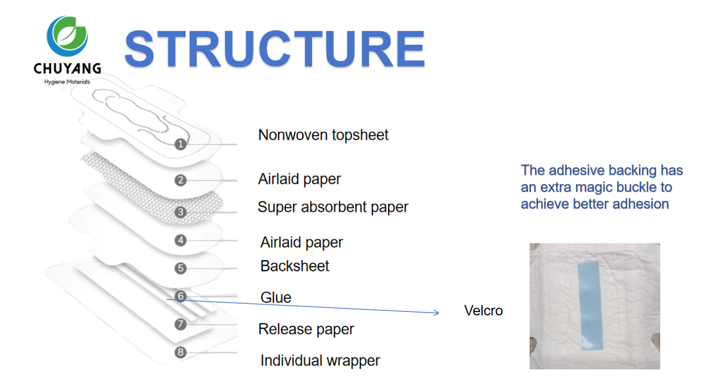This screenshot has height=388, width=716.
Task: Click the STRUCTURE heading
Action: click(274, 49)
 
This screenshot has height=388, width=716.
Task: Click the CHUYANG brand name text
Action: click(67, 69)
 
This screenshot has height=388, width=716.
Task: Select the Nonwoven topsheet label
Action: click(323, 135)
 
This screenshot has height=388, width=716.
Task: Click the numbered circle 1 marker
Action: click(181, 144)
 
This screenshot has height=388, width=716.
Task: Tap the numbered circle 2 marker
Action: click(181, 180)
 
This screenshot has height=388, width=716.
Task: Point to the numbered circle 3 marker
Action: click(181, 212)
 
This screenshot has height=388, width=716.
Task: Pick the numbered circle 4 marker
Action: click(181, 240)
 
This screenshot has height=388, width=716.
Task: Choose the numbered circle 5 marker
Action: click(181, 268)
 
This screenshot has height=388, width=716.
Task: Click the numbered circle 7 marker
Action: click(181, 325)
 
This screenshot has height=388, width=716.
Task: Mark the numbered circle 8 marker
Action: click(181, 352)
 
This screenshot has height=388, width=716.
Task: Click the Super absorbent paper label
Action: click(333, 208)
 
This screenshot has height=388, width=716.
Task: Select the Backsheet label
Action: click(295, 266)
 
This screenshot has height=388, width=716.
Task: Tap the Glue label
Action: click(276, 298)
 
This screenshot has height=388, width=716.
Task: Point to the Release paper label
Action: click(306, 330)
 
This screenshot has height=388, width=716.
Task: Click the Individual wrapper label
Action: click(320, 361)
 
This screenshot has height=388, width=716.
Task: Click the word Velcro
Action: click(483, 311)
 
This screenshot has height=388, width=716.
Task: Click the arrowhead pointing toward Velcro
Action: click(436, 313)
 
